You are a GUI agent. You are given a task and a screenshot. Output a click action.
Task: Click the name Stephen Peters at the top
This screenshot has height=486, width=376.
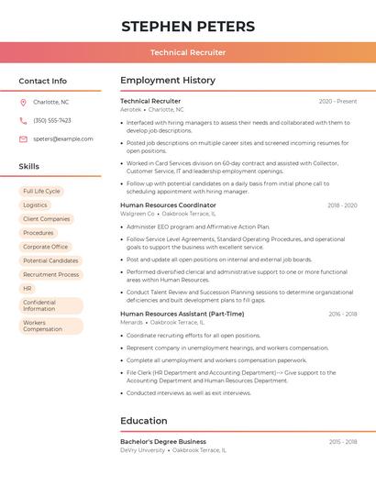[x=188, y=26]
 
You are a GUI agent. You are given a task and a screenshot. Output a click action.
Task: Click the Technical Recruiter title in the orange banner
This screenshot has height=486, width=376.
[x=188, y=52]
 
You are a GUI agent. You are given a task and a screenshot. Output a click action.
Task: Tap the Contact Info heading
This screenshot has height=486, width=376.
[x=42, y=81]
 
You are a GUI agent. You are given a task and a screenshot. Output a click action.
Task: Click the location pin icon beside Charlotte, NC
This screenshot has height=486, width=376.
[x=23, y=102]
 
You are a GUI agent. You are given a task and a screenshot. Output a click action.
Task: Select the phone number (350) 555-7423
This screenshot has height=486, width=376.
[x=52, y=120]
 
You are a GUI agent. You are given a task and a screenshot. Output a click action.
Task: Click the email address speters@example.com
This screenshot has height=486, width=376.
[x=63, y=138]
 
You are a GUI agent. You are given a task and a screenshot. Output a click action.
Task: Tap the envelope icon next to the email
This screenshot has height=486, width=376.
[x=23, y=138]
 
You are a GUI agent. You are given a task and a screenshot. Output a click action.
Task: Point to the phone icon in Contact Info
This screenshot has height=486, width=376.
[x=23, y=120]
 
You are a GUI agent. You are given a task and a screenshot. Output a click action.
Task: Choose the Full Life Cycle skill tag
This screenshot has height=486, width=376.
[x=41, y=191]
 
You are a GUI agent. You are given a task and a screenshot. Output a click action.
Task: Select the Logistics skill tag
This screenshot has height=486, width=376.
[x=35, y=205]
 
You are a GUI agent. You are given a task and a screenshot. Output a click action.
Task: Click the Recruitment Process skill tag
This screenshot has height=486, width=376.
[x=50, y=274]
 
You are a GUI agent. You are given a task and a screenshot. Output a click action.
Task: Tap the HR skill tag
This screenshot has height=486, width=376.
[x=28, y=288]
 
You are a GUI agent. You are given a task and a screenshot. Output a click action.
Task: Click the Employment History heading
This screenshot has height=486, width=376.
[x=168, y=81]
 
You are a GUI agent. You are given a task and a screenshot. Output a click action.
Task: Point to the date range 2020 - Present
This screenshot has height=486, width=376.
[x=337, y=101]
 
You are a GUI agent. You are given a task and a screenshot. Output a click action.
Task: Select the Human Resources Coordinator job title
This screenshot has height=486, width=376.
[x=168, y=205]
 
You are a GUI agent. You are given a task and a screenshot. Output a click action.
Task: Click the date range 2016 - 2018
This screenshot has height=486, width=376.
[x=343, y=315]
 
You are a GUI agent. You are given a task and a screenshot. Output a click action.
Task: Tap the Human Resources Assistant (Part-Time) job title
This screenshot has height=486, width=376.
[x=182, y=315]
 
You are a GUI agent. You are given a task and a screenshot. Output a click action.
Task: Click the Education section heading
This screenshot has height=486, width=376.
[x=143, y=421]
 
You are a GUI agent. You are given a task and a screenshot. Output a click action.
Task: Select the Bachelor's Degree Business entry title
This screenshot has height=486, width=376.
[x=163, y=442]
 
